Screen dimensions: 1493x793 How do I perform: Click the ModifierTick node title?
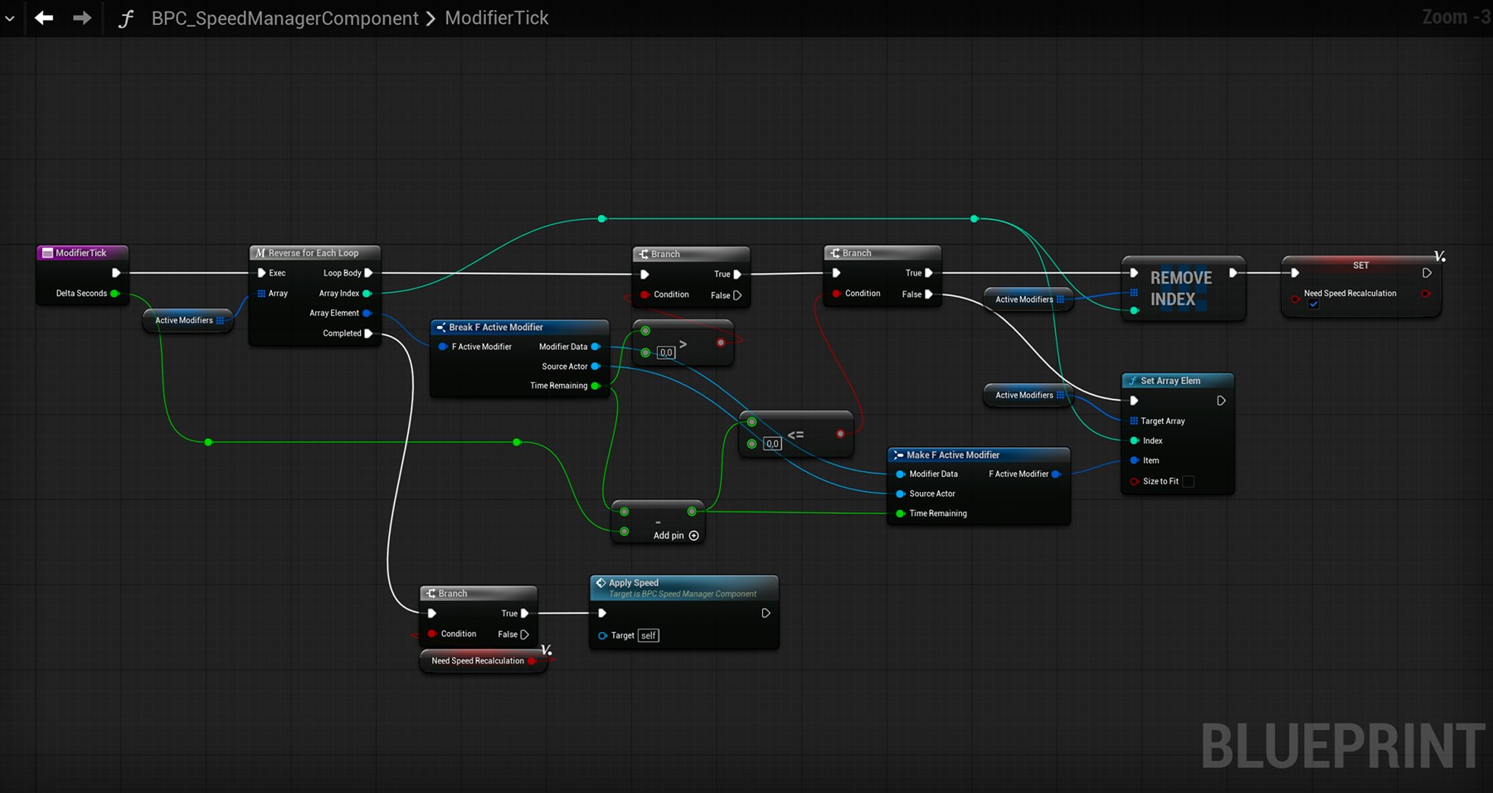(x=81, y=253)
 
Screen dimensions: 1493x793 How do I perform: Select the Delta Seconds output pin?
(x=115, y=294)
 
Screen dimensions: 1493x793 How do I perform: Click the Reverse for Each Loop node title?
(x=314, y=253)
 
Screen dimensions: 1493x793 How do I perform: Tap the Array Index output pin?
(x=367, y=294)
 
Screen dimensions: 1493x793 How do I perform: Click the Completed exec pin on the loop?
(x=368, y=333)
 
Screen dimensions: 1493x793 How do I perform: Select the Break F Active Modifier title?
(x=496, y=328)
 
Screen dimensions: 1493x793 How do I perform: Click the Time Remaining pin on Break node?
(x=596, y=386)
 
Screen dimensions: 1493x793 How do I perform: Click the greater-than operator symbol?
(x=683, y=344)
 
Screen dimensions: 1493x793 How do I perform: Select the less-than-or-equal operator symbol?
(x=795, y=435)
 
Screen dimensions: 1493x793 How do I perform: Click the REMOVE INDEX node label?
(x=1181, y=289)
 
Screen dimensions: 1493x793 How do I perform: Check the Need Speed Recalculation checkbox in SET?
(x=1314, y=304)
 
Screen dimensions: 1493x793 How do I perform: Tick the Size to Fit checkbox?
(x=1188, y=481)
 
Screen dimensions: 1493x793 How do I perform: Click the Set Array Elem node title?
(x=1170, y=381)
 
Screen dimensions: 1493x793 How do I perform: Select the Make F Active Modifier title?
(x=953, y=455)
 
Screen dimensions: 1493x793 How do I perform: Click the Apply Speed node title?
(x=634, y=583)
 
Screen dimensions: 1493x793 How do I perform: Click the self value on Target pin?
(x=649, y=635)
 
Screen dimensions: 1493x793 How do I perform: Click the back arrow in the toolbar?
(x=44, y=17)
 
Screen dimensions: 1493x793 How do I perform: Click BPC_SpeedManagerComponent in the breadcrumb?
(x=284, y=18)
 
